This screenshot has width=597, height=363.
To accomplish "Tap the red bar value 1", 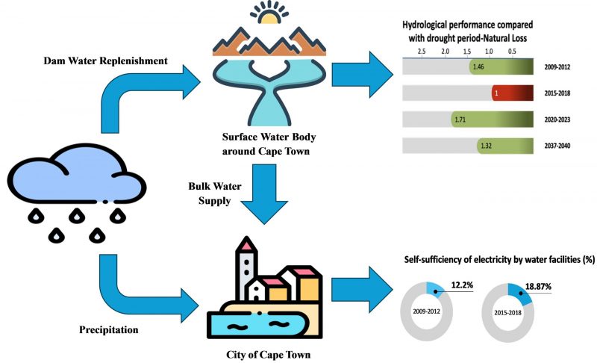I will pos(496,93).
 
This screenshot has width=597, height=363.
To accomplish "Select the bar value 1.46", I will pos(478,67).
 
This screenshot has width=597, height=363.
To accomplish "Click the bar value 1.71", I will pos(459,120).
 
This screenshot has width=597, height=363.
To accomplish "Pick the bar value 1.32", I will pos(486,146).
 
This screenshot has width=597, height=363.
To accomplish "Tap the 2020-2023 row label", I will pos(563,120).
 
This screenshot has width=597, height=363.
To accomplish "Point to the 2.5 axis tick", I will pos(422,51).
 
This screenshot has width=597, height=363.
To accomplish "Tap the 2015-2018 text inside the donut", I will pos(508,312).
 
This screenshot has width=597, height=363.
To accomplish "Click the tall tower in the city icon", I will pos(246,269).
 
